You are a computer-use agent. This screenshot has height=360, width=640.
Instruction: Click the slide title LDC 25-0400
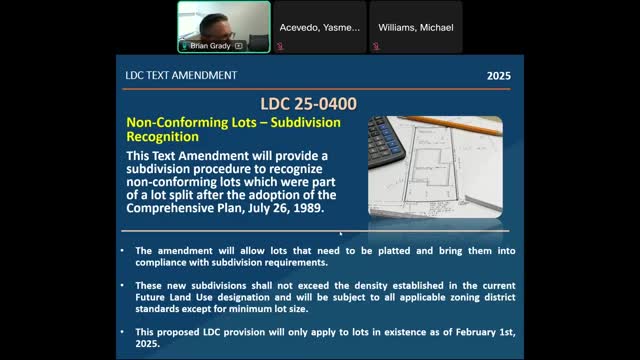[309, 104]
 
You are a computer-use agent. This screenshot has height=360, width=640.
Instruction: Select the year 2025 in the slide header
[499, 76]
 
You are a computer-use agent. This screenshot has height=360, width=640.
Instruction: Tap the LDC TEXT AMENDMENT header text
[181, 76]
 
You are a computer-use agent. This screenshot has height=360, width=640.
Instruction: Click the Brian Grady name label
[210, 46]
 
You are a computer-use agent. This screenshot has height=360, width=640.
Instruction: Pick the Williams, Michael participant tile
[416, 27]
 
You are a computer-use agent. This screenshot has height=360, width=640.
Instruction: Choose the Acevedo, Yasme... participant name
[320, 28]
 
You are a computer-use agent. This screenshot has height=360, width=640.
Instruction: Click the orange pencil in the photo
[450, 124]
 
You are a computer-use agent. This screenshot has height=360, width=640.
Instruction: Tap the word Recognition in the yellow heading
[162, 137]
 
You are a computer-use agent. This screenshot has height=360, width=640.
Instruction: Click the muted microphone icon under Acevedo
[280, 46]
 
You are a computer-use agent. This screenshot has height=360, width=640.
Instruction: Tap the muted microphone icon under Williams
[376, 46]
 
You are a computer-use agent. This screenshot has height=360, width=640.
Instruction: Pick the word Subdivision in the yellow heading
[306, 123]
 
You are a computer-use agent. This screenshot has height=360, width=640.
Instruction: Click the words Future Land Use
[174, 297]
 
